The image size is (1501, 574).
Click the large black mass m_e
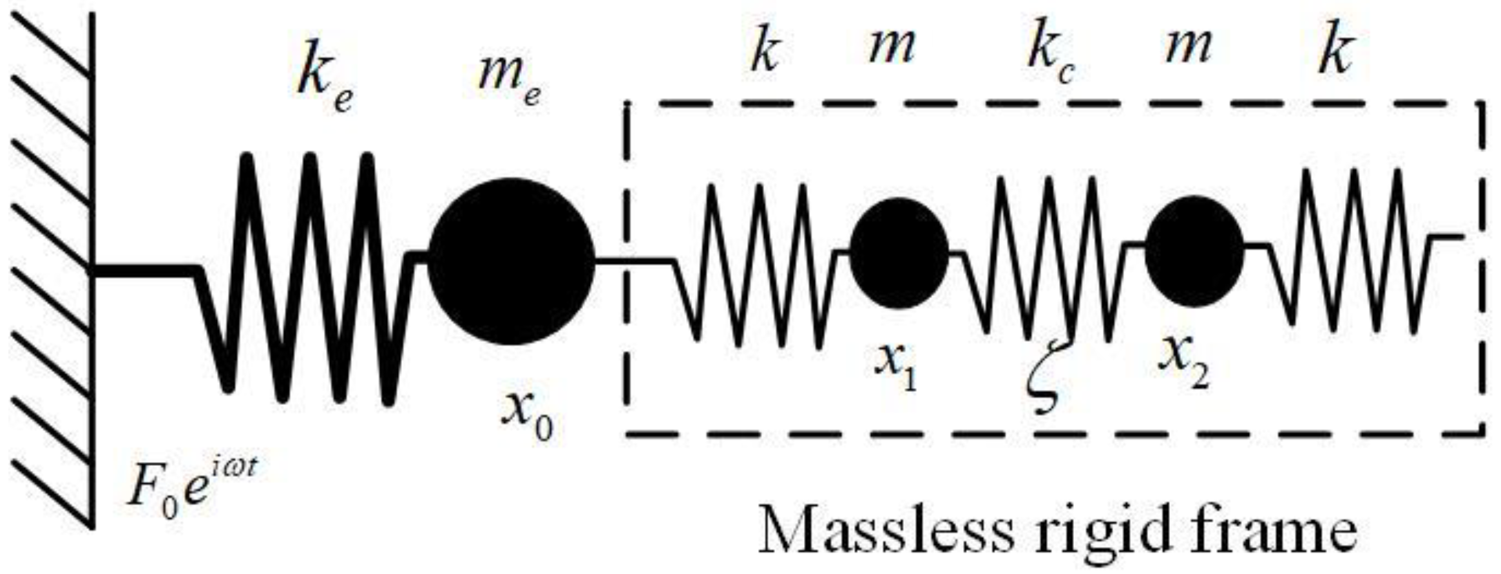(x=511, y=261)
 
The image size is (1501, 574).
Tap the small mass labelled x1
(x=899, y=252)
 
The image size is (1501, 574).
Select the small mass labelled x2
(x=1194, y=251)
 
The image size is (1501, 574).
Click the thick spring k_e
(x=309, y=277)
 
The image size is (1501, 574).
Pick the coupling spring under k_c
(x=1047, y=257)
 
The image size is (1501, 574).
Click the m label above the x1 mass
(x=891, y=48)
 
